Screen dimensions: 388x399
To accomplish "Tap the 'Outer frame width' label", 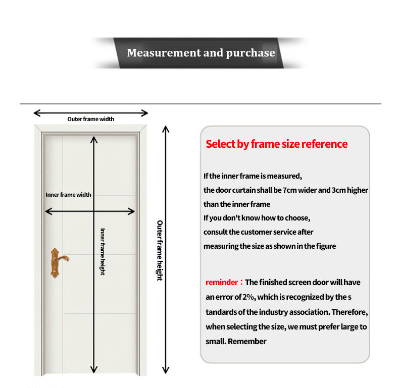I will [91, 119].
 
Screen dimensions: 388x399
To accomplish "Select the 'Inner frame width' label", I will [69, 194].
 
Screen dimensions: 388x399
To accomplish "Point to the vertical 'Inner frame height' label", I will [103, 251].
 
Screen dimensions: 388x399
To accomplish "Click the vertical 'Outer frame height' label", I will [160, 250].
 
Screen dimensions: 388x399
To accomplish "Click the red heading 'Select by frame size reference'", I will [276, 144].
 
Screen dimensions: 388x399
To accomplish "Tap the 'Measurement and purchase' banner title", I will [201, 53].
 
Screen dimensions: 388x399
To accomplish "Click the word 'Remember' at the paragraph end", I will [247, 341].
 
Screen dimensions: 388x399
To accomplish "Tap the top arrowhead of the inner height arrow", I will [94, 138].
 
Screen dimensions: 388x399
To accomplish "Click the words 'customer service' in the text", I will [266, 232].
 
